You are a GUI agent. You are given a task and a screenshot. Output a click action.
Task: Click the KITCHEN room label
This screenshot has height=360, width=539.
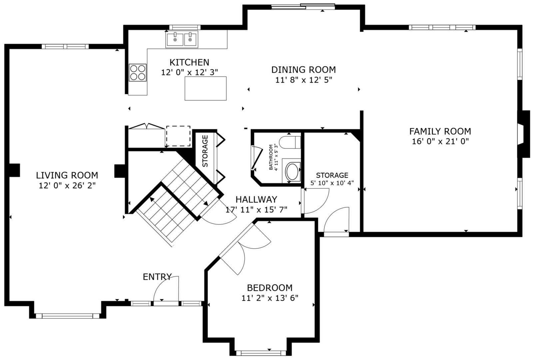tap(189, 62)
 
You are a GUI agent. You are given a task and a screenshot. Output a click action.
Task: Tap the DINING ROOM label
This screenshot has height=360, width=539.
tap(303, 70)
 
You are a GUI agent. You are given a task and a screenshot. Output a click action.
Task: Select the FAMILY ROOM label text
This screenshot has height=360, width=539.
tap(440, 131)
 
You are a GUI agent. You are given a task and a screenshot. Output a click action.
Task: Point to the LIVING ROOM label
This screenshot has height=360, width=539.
tap(67, 175)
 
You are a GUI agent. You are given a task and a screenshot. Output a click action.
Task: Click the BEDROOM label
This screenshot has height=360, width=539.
tap(270, 288)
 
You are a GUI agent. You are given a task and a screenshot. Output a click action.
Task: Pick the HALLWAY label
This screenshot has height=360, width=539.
tap(256, 199)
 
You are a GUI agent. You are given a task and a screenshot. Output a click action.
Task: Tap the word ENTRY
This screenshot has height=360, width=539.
tap(157, 277)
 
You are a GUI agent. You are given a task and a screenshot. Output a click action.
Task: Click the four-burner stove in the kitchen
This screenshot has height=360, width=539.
tap(138, 72)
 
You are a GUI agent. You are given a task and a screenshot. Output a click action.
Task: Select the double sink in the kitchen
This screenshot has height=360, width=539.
tap(182, 39)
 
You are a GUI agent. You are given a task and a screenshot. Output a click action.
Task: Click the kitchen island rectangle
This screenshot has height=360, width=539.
tap(206, 88)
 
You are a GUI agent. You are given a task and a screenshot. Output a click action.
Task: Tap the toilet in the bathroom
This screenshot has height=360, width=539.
tap(290, 142)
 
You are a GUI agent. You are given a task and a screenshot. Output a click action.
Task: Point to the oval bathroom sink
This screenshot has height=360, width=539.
tap(292, 171)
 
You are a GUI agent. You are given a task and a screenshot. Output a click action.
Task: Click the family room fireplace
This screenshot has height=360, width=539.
tap(524, 134)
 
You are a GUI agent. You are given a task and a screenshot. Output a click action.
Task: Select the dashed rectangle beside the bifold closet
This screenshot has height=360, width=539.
tap(178, 136)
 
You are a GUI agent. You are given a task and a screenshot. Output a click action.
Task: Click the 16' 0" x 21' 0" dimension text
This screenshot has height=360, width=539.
tap(440, 141)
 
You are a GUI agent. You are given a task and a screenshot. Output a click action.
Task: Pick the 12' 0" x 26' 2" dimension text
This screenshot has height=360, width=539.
tap(67, 186)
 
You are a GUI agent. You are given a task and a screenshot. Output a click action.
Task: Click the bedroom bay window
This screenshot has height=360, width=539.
tap(261, 353)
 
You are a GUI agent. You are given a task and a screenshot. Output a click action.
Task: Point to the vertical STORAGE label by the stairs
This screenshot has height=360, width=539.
tap(205, 151)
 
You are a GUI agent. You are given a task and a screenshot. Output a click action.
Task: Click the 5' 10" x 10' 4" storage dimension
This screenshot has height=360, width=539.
tap(332, 183)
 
